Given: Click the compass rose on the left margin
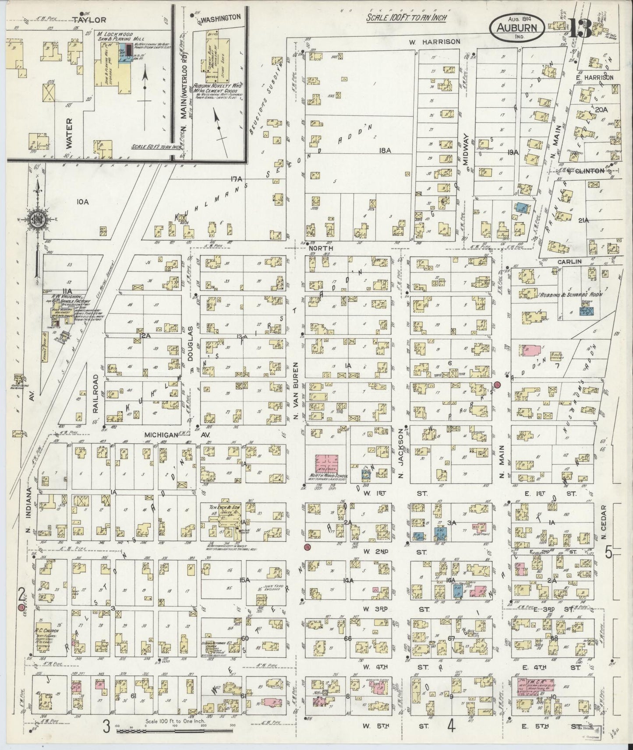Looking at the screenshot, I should (38, 220).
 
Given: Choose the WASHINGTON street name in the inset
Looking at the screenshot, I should (221, 18).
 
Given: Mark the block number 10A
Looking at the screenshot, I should (82, 202).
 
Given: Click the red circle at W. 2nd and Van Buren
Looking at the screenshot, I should (307, 547).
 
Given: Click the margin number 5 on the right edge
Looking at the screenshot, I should (608, 553).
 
